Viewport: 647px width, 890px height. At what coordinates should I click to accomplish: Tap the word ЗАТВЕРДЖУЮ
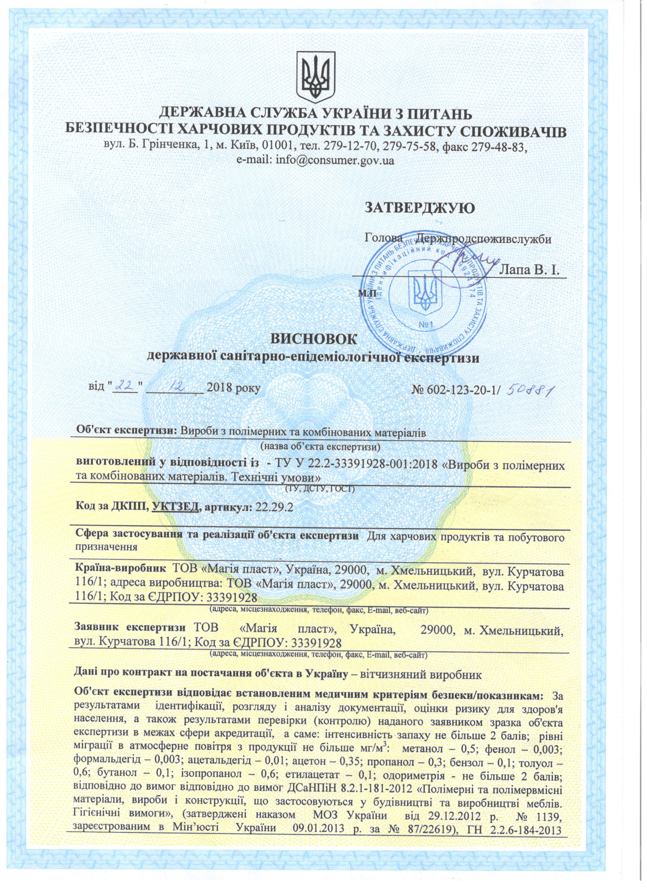420,207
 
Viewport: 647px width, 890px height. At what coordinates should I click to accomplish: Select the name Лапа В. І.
529,270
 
